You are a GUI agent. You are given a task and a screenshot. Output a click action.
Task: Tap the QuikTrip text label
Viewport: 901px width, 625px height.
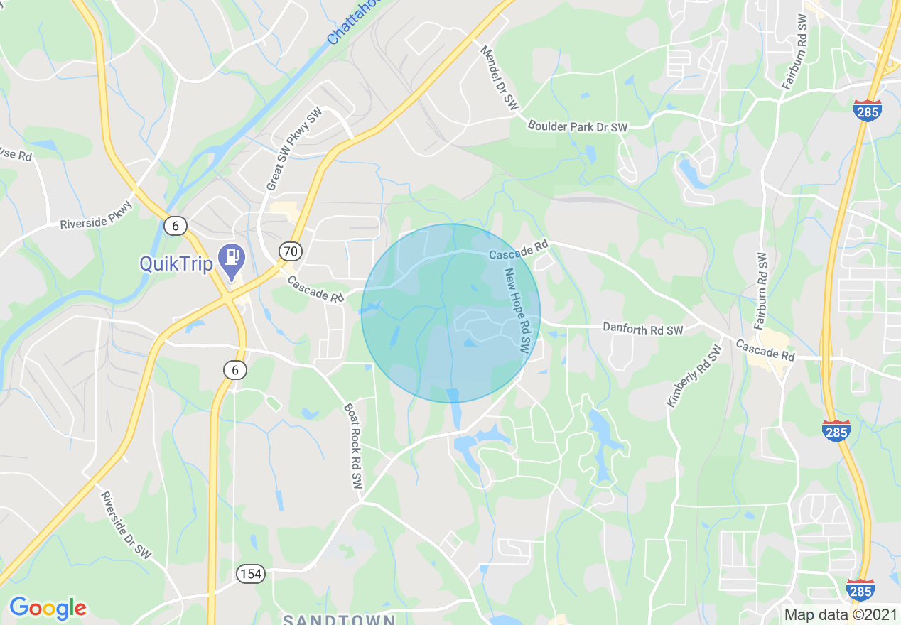tap(176, 264)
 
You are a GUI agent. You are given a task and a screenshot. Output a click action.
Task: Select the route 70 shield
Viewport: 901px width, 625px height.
tap(291, 251)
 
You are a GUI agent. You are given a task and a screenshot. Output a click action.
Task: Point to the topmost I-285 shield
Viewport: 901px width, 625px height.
tap(868, 110)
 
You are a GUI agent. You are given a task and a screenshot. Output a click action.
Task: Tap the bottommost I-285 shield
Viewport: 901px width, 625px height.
tap(860, 589)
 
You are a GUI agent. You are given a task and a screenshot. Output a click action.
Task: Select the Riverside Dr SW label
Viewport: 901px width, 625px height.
tap(126, 525)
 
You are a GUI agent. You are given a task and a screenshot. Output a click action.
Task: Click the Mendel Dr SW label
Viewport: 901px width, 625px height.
tap(500, 77)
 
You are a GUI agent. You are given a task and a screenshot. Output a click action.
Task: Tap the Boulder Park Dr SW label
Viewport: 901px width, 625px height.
tap(578, 126)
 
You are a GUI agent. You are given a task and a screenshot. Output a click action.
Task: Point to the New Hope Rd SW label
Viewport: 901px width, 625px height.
tap(517, 310)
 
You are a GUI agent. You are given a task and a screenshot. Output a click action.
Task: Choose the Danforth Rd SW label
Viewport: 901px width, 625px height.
tap(642, 329)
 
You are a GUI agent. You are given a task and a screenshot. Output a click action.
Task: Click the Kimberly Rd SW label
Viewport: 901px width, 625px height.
tap(694, 376)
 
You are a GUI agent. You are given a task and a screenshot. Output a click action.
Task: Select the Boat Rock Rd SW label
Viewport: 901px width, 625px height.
tap(353, 447)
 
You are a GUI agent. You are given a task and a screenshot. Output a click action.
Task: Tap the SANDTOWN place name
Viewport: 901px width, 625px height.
tap(339, 619)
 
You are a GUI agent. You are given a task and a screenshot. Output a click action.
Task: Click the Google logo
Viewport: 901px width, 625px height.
tap(48, 608)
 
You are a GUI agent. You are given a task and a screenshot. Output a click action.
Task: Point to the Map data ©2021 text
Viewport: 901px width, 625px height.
tap(840, 615)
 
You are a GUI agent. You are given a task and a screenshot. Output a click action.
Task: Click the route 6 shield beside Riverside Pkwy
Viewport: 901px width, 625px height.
tap(176, 226)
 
